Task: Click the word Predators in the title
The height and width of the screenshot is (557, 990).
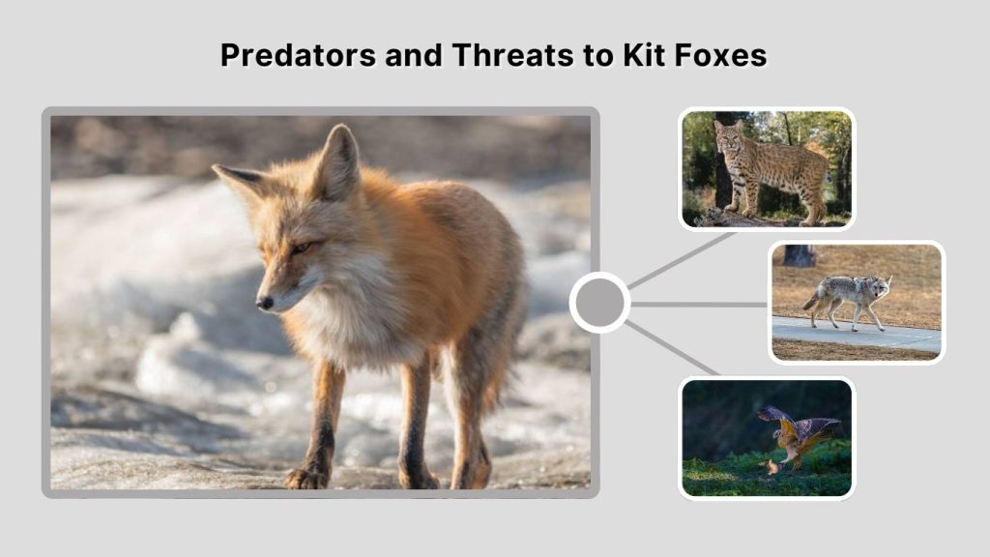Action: coord(297,55)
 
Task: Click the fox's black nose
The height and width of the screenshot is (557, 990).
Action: coord(264,303)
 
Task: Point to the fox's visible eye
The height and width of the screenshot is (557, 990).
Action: coord(300,248)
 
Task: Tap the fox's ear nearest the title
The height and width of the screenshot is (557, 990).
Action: coord(338,162)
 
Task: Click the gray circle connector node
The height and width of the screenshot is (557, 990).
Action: coord(599,303)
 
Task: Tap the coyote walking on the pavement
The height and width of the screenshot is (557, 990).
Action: coord(851,296)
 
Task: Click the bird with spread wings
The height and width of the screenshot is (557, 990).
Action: coord(799,432)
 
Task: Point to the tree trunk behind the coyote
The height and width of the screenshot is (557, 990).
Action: coord(799,255)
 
